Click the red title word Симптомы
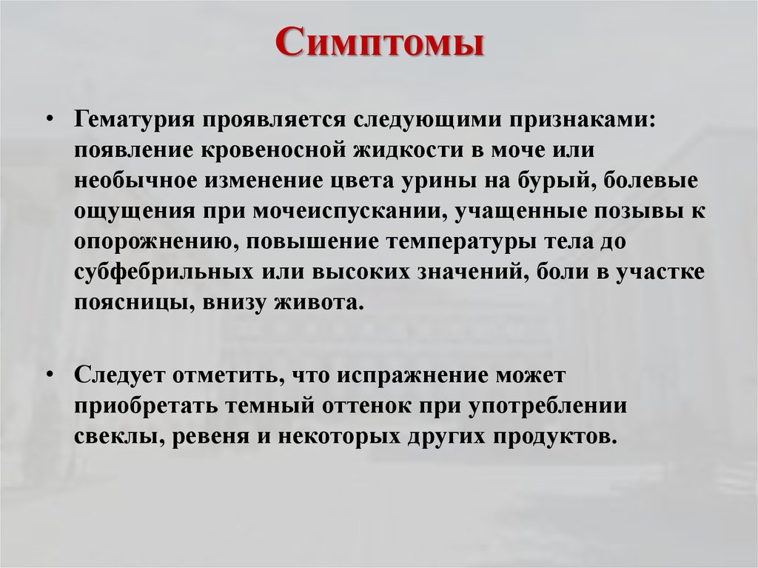pos(379,44)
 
